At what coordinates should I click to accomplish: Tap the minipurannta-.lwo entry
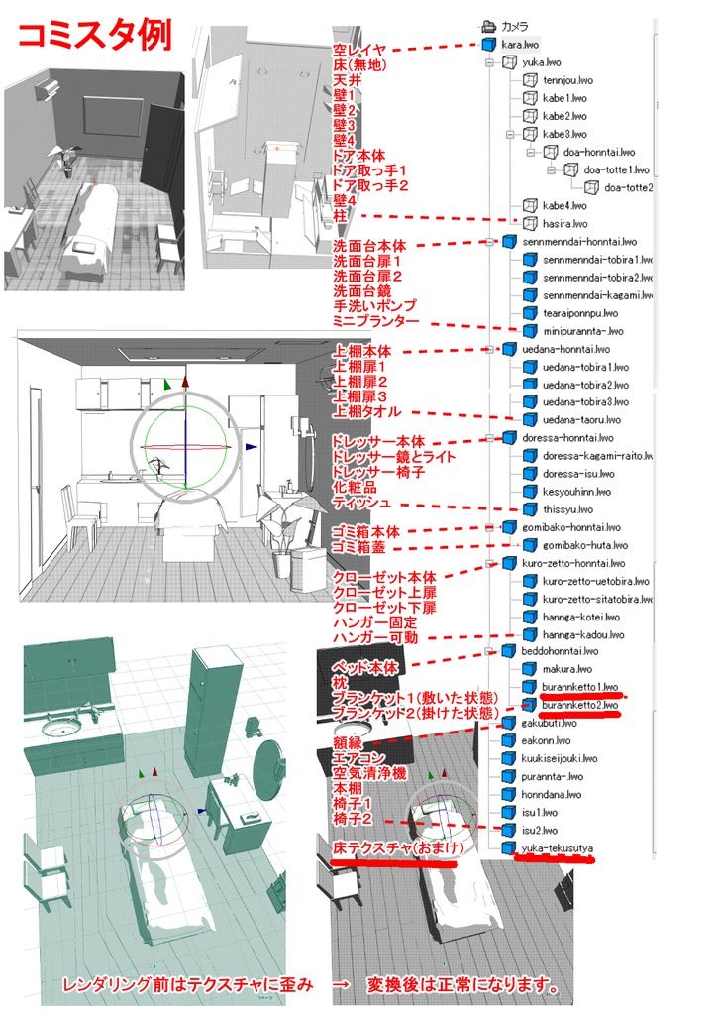tap(581, 331)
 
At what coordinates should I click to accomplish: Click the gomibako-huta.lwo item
tap(579, 545)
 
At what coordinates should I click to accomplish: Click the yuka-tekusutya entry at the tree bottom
tap(558, 848)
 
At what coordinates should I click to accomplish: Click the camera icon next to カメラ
tap(487, 27)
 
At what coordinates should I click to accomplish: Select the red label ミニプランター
tap(376, 322)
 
